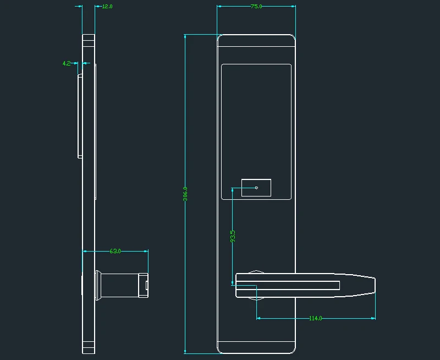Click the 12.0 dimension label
click(x=107, y=7)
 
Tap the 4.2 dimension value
click(x=67, y=63)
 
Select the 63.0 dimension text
click(x=115, y=251)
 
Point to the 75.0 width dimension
click(x=256, y=6)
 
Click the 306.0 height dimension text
click(x=185, y=194)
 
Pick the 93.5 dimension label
click(x=233, y=236)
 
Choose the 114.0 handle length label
click(x=315, y=318)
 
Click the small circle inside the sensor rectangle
click(x=256, y=188)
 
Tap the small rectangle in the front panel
click(x=256, y=188)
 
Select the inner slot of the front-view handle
click(x=288, y=285)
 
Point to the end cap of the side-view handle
click(x=144, y=285)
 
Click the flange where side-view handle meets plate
click(x=98, y=285)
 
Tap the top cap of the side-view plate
click(x=89, y=37)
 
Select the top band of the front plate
click(x=256, y=41)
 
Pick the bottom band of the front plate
click(x=256, y=347)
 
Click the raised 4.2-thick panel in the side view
click(x=80, y=116)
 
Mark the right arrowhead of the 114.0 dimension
click(x=373, y=318)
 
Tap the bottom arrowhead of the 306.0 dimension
click(x=185, y=351)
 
